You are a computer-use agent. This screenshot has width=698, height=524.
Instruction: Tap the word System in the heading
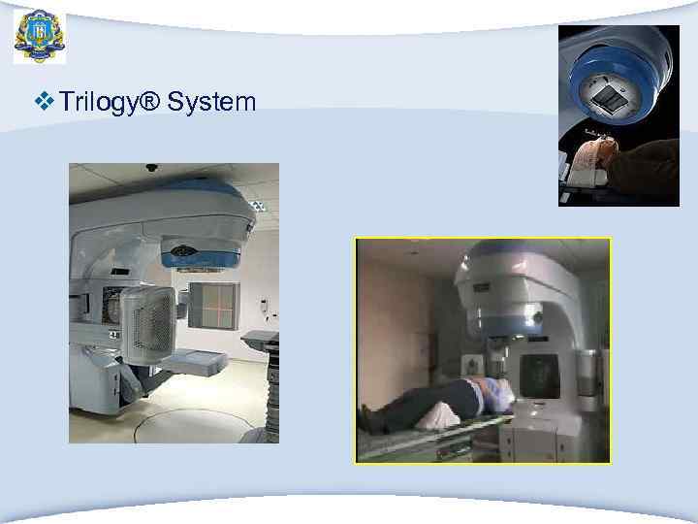[210, 101]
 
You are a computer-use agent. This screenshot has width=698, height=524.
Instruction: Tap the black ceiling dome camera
[150, 168]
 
